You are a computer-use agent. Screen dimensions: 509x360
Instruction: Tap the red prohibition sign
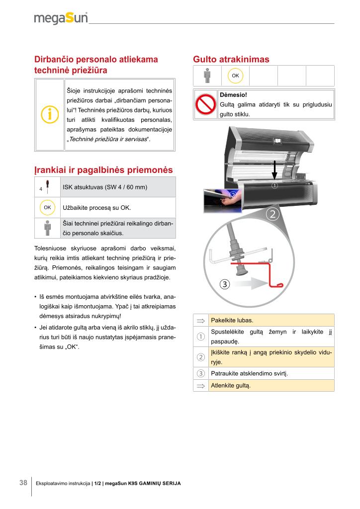coord(205,104)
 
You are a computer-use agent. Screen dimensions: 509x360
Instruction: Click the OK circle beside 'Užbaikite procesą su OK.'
coord(47,207)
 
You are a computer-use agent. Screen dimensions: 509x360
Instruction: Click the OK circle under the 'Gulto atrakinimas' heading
coord(235,76)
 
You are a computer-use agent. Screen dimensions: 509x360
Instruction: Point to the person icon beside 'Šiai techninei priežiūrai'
coord(47,228)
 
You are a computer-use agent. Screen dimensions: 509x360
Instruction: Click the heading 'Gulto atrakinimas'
coord(231,60)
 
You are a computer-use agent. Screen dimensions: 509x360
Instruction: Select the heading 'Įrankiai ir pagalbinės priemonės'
coord(103,170)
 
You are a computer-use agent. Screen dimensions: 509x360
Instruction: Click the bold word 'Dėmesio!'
coord(234,94)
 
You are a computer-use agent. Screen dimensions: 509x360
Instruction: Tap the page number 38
coord(23,483)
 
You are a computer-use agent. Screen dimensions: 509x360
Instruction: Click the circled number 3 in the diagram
coord(225,284)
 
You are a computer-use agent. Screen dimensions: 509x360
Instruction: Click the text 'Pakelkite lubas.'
coord(232,320)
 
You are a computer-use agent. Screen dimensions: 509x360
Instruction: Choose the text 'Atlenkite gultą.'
coord(231,385)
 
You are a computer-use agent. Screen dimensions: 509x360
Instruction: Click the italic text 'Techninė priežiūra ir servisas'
coord(109,139)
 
